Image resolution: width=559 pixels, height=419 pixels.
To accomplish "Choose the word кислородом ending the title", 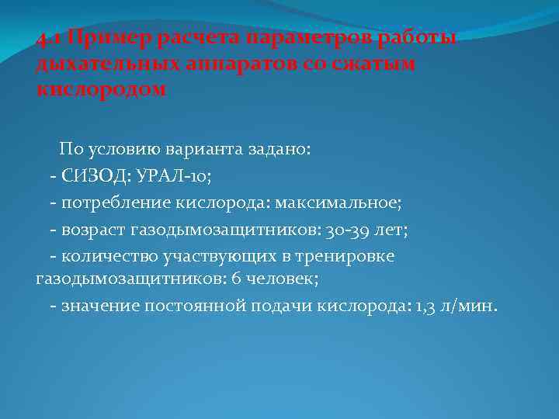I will pos(101,88).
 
